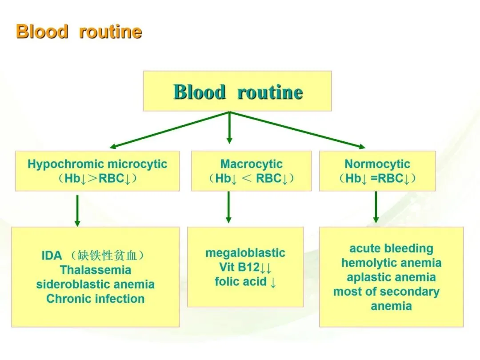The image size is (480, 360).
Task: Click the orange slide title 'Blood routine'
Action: (79, 32)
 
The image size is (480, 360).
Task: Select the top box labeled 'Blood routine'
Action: (237, 92)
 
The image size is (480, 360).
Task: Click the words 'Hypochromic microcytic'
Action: (97, 164)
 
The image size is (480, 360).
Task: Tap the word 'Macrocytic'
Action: (251, 164)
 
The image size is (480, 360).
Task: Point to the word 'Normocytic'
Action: (377, 164)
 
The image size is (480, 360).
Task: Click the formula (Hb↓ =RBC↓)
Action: (377, 179)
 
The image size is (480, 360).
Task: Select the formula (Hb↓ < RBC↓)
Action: (251, 179)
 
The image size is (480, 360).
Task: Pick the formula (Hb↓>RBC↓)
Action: (97, 179)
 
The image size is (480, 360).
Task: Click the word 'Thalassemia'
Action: (96, 270)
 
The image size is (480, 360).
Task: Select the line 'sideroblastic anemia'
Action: (96, 284)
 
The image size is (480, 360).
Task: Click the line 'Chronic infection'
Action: (96, 298)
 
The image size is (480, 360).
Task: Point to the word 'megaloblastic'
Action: (245, 253)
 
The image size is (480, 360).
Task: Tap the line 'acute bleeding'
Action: (391, 248)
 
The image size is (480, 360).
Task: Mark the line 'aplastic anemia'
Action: (391, 277)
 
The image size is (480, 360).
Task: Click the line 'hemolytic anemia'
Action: (391, 263)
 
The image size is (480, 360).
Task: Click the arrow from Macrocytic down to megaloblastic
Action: (228, 207)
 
